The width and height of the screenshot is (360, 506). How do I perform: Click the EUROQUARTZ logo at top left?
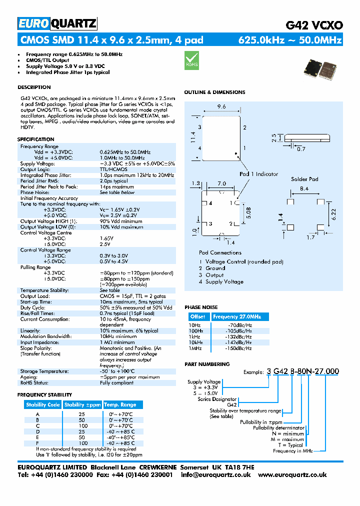(x=57, y=23)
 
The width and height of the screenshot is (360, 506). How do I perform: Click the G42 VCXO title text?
(x=314, y=24)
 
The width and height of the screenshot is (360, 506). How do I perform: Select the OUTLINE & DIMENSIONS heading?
(x=214, y=92)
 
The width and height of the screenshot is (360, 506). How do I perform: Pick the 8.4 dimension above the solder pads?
(x=304, y=188)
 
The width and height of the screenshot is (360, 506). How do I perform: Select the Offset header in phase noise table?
(x=198, y=316)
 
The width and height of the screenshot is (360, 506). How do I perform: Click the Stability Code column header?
(x=43, y=404)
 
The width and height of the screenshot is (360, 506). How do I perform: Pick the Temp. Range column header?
(x=120, y=404)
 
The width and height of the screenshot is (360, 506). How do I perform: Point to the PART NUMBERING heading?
(x=207, y=364)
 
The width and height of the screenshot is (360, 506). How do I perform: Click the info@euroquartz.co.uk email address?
(x=215, y=475)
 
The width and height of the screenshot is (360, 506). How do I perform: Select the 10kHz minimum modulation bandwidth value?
(x=118, y=336)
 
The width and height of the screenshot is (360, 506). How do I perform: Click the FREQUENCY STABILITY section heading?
(x=44, y=395)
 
